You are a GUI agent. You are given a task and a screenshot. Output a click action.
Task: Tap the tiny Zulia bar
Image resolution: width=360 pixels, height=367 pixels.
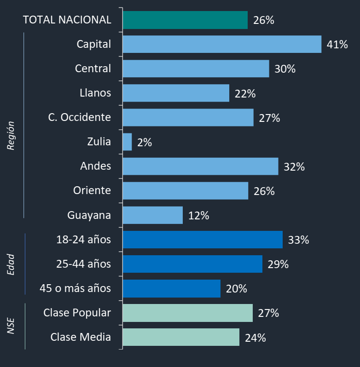(x=128, y=142)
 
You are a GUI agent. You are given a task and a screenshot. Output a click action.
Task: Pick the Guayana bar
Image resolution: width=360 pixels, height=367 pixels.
(x=153, y=215)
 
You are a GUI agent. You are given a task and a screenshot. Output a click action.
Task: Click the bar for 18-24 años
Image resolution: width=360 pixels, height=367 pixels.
(x=203, y=240)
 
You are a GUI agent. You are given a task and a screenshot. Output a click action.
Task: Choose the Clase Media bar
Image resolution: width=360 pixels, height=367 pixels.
(x=181, y=337)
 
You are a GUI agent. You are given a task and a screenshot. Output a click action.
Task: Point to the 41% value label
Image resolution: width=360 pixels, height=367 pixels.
(x=337, y=45)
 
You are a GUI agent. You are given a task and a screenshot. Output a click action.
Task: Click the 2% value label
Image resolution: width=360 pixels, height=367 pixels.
(x=145, y=143)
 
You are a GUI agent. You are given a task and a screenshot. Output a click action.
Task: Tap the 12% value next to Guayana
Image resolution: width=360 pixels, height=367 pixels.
(x=198, y=216)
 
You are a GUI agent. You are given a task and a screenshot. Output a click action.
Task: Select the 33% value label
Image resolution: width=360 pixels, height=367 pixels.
(x=298, y=240)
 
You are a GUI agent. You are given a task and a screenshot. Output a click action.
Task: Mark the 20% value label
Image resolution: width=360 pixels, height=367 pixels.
(x=236, y=289)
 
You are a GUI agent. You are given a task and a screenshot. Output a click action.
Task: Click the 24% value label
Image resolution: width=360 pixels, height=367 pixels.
(x=255, y=338)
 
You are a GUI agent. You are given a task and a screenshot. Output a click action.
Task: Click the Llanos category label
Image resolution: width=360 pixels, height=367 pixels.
(x=95, y=93)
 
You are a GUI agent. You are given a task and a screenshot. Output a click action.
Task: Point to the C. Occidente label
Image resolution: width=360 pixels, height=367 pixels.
(x=80, y=117)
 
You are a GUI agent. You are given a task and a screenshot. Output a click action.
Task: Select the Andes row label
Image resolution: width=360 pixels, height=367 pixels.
(x=96, y=166)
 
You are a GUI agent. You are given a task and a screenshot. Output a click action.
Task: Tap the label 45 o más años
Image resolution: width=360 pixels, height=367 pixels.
(x=75, y=288)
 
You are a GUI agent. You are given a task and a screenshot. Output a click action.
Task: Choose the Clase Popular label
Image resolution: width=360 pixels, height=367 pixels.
(x=77, y=313)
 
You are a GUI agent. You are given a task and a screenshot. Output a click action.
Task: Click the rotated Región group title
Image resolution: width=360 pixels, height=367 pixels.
(x=11, y=136)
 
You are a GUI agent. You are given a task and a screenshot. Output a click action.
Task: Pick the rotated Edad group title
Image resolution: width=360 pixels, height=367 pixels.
(x=11, y=264)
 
